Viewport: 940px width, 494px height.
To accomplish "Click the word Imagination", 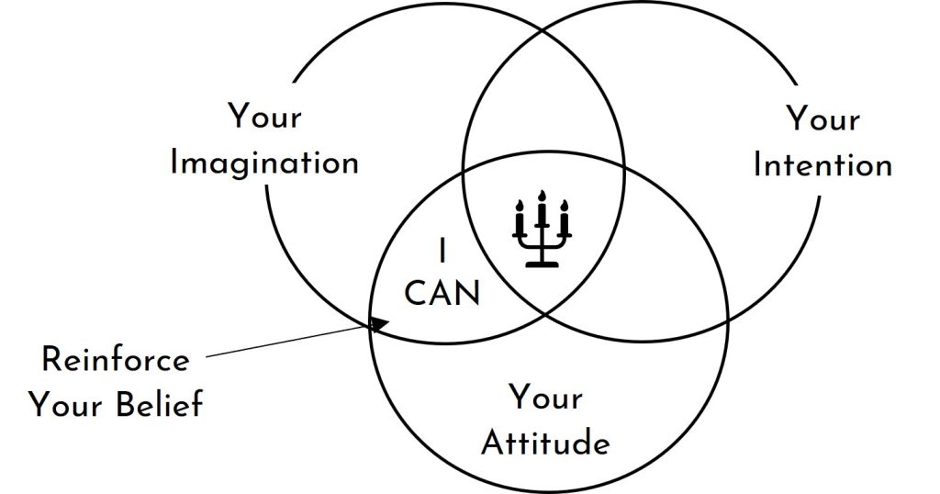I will (264, 163).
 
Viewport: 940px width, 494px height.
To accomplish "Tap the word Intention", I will (822, 165).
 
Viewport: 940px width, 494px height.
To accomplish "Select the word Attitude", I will (545, 443).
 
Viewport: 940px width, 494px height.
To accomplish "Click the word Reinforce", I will (116, 359).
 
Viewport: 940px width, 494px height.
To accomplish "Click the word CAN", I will (442, 295).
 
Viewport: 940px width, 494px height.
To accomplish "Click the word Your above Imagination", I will (264, 118).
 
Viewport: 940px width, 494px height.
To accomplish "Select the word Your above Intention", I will (822, 119).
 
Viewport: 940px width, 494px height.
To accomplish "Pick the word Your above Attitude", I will (545, 399).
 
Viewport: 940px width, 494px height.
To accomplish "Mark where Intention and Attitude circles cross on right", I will (727, 320).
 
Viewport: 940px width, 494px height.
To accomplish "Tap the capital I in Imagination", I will (176, 163).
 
